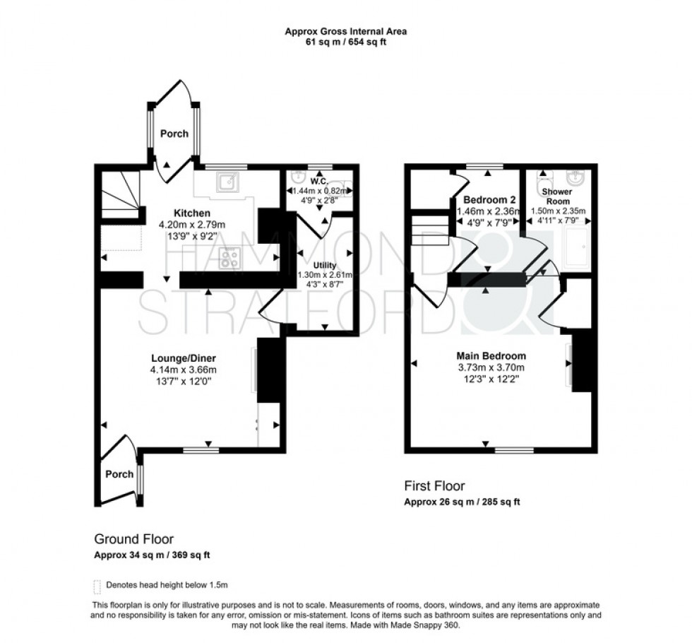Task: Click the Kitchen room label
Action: pos(193,213)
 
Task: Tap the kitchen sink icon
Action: pos(228,183)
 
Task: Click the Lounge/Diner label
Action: pos(183,357)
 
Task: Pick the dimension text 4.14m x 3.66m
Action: pos(183,369)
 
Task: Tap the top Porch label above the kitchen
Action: pos(173,134)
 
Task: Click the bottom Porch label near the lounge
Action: pos(119,474)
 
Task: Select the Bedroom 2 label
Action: pos(485,199)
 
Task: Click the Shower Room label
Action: pos(556,196)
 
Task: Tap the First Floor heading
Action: pos(434,486)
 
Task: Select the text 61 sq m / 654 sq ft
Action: pos(345,42)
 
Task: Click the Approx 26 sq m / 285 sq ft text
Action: pos(462,503)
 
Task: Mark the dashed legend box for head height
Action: pos(97,586)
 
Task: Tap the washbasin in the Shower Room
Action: pos(578,176)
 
